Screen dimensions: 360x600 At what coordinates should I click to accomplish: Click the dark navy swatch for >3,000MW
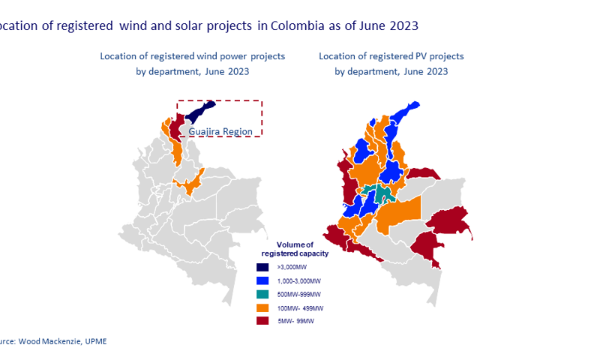(262, 267)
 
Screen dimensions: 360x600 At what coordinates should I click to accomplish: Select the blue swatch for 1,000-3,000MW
(262, 280)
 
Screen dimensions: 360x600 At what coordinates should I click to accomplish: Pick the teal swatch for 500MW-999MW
(262, 294)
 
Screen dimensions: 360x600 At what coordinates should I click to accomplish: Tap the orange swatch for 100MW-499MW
(262, 307)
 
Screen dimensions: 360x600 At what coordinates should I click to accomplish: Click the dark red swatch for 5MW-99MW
(262, 321)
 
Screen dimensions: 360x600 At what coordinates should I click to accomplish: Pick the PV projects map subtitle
(391, 64)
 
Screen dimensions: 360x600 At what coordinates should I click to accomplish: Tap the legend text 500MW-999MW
(299, 294)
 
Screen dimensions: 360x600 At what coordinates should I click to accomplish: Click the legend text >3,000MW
(292, 267)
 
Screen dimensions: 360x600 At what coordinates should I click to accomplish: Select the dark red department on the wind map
(175, 129)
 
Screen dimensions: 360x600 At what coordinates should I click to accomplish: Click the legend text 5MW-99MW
(295, 321)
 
